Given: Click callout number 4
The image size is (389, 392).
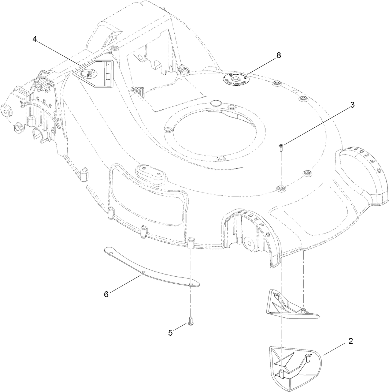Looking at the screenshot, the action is (x=35, y=39).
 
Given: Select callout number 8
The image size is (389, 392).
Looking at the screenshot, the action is (x=279, y=55).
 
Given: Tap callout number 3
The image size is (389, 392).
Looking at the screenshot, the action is (x=352, y=105).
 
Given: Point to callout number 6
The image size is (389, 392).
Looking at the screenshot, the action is (x=106, y=294).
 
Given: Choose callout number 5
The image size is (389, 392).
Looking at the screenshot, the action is (x=170, y=333).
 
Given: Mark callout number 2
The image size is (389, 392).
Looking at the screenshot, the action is (x=351, y=341).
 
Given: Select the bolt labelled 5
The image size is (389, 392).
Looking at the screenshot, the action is (x=190, y=321).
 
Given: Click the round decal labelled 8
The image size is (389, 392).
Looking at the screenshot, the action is (x=236, y=79).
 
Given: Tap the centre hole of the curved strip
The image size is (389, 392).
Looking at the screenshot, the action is (x=144, y=272).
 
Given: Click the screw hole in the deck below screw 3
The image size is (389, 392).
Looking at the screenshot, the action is (x=281, y=188).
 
